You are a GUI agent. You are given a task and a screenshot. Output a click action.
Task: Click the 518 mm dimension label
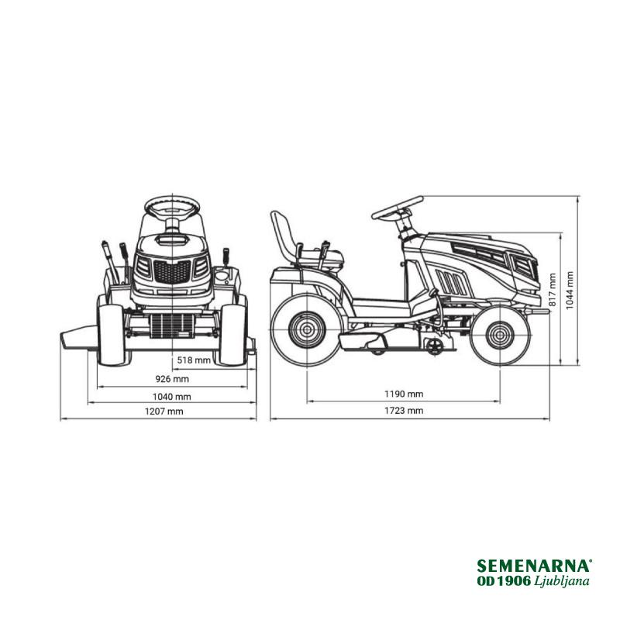point(194,360)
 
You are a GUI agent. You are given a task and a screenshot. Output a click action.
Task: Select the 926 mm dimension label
point(172,379)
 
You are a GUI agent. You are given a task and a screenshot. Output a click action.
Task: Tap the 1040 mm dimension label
point(171,397)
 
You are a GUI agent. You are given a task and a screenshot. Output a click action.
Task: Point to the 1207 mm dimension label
point(164,412)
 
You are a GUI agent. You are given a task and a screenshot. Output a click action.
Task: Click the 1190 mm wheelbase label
point(404,394)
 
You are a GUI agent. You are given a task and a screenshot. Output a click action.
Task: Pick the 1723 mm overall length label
point(404,411)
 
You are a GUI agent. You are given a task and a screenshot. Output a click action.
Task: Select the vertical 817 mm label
point(553,289)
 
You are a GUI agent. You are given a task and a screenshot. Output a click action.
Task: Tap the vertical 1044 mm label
point(570,290)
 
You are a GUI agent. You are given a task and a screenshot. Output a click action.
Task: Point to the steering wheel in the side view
point(398,208)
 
